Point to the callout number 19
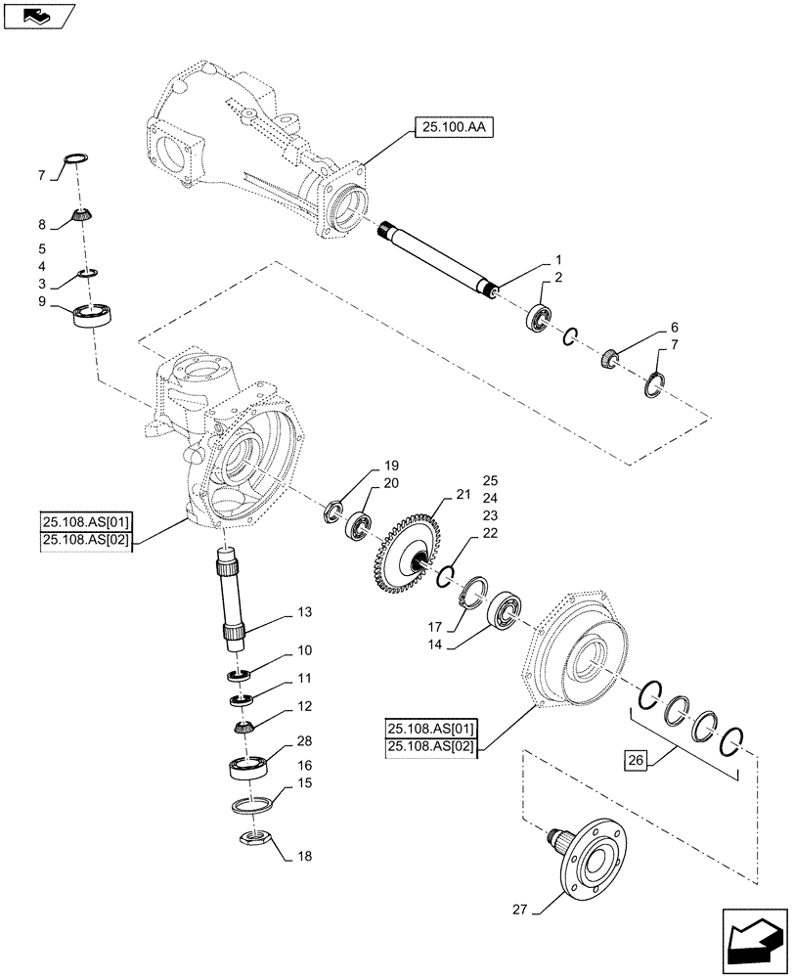tap(364, 465)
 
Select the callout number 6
tap(675, 327)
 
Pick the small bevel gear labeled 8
tap(79, 214)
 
